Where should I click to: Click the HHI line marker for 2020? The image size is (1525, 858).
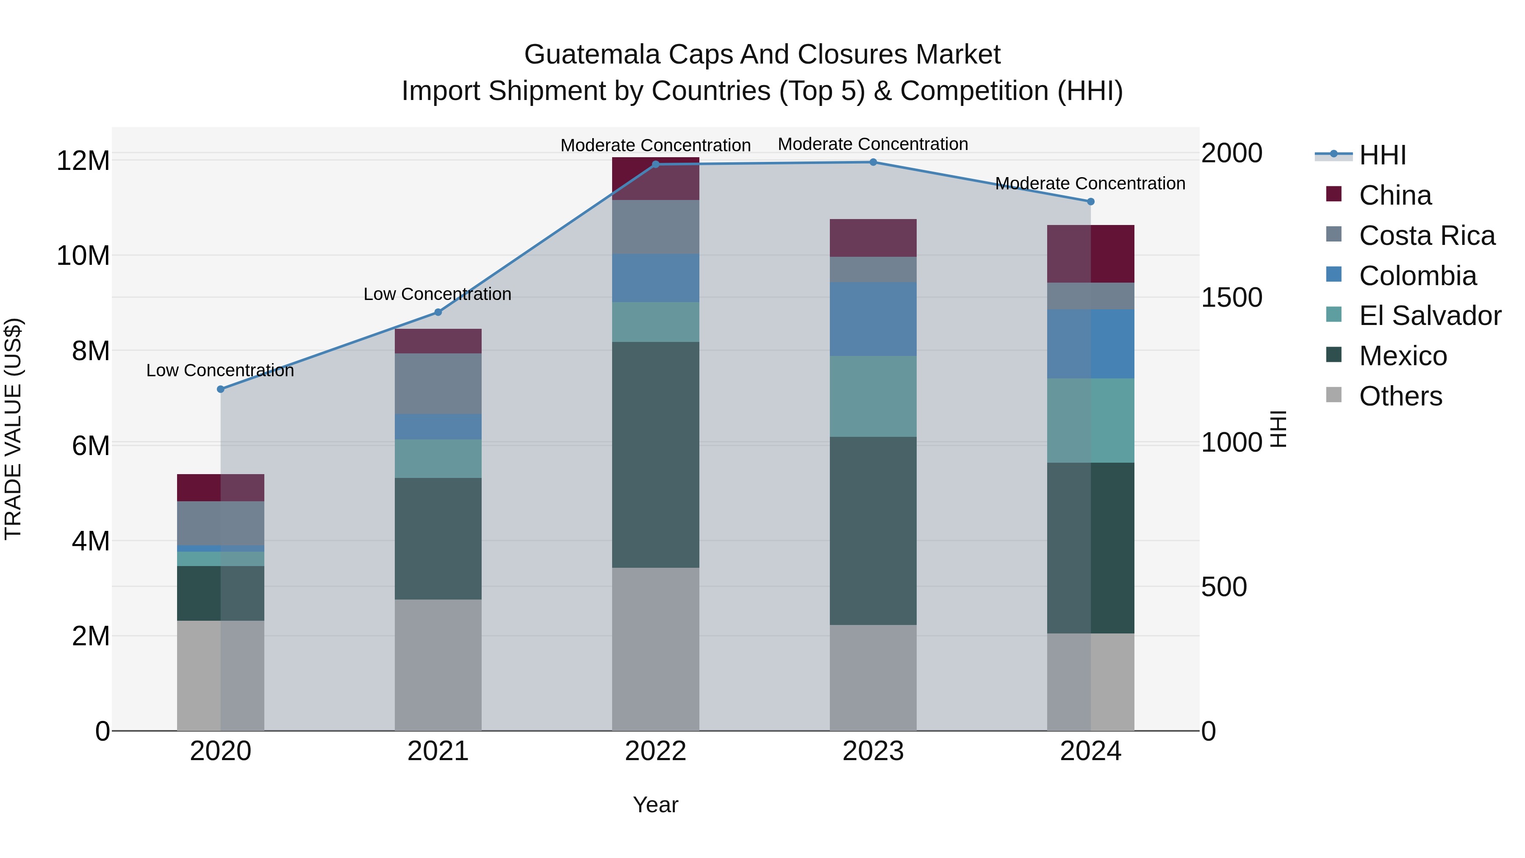click(x=221, y=389)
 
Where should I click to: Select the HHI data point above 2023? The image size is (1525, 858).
click(x=873, y=162)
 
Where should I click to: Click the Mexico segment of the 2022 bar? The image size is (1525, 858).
click(x=655, y=455)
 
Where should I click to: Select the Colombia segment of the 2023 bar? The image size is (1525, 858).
click(x=873, y=319)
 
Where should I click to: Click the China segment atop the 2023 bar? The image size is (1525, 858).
click(x=873, y=238)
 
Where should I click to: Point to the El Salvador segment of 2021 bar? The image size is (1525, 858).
click(x=438, y=458)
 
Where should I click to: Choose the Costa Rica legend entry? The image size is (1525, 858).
click(x=1427, y=236)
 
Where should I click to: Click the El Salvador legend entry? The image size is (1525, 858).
click(x=1430, y=316)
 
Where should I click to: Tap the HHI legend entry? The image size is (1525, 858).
click(x=1382, y=155)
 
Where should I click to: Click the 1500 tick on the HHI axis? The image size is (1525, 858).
click(x=1231, y=297)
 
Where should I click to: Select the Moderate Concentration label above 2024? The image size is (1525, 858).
click(x=1090, y=183)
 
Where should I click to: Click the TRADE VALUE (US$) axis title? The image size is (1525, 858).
click(x=13, y=429)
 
